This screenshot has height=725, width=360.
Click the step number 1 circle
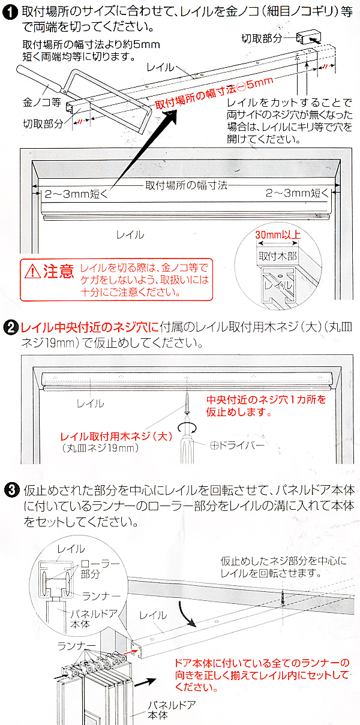(x=10, y=11)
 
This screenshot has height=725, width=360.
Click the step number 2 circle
(x=10, y=328)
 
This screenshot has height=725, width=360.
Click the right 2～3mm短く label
(x=298, y=193)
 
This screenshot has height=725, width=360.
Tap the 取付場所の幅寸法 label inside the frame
(x=187, y=186)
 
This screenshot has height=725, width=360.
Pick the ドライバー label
(x=238, y=446)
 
